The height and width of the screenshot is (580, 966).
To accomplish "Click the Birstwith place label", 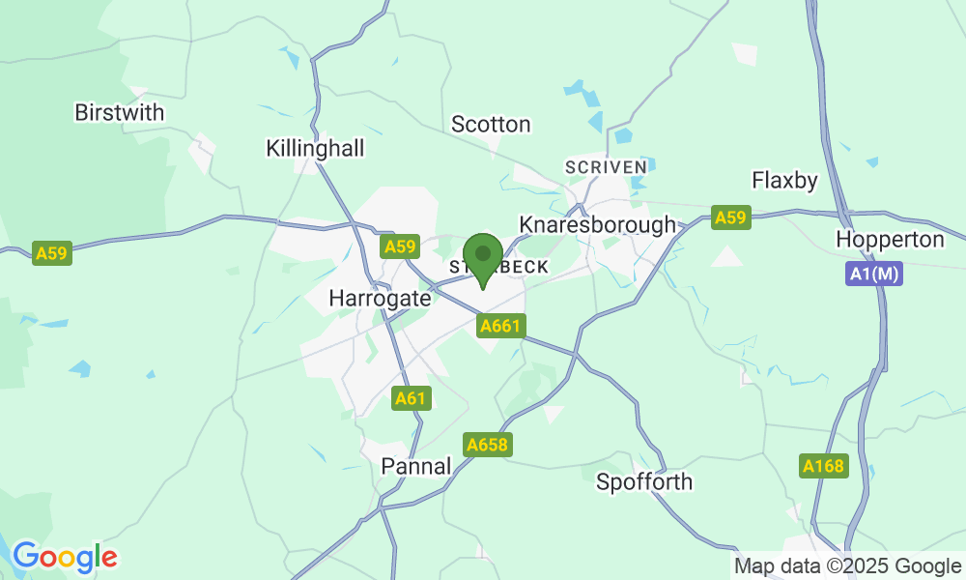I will pos(120,113).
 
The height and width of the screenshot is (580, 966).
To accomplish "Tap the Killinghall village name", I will pos(315,149).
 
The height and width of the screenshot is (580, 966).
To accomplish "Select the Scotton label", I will pos(491,125).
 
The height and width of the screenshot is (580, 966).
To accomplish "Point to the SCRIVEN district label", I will pos(606,166).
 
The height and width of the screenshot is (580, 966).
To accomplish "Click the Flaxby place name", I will pos(784,181).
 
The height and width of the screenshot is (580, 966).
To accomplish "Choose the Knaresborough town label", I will pos(598,225).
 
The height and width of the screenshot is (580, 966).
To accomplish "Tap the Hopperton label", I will pos(889,240).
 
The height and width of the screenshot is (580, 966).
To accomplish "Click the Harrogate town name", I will pos(380,299).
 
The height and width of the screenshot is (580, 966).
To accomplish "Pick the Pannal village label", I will pos(416,466).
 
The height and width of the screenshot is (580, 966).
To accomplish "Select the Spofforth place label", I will pos(644,481).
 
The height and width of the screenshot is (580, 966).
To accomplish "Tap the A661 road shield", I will pos(500,327).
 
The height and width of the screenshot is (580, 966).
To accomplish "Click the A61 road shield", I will pos(411,397).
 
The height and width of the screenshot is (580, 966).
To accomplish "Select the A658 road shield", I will pos(486,445).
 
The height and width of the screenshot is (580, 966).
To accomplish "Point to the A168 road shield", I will pos(824,466).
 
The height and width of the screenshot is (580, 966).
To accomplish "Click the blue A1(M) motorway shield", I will pos(875,275).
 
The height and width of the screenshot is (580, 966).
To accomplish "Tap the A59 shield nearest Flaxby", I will pos(730,217).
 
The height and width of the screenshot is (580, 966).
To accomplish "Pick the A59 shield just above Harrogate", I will pos(400,247).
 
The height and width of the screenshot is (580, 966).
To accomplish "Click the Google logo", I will pos(64,557).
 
